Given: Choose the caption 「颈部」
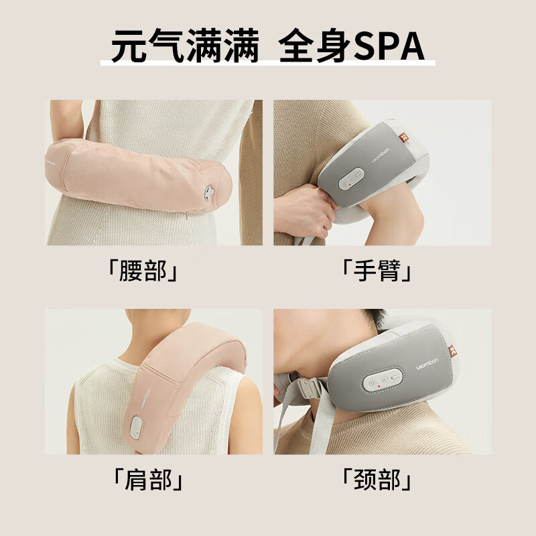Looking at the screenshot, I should [377, 480].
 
